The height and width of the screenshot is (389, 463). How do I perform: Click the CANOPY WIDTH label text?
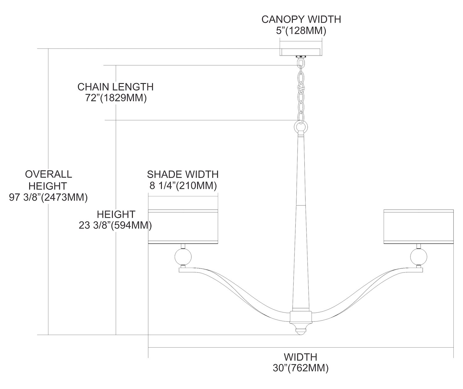[301, 19]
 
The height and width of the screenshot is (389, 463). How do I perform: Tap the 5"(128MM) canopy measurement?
[301, 31]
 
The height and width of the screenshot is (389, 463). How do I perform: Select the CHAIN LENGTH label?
[115, 87]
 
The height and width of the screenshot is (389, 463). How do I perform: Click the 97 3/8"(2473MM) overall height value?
[48, 197]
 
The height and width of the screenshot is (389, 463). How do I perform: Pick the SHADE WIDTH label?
[183, 174]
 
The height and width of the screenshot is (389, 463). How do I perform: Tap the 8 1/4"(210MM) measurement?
[183, 186]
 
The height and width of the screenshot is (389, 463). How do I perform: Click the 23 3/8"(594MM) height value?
[115, 226]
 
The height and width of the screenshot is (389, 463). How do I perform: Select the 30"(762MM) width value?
[300, 368]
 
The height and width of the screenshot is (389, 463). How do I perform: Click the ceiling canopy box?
[301, 52]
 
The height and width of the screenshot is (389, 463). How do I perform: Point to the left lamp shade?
[183, 227]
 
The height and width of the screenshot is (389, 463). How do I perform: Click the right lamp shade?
[419, 227]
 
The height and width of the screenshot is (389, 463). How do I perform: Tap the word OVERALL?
[48, 174]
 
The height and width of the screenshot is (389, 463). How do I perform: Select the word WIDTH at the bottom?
[300, 357]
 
